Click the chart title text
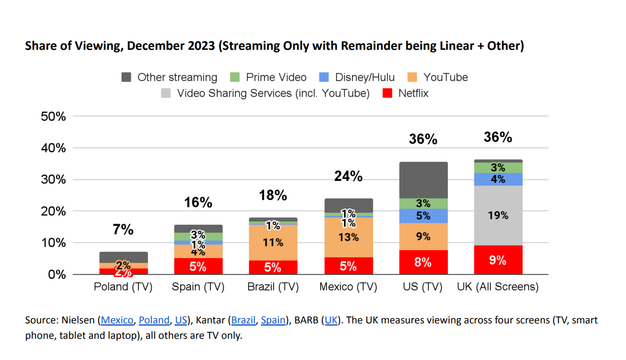click(x=275, y=46)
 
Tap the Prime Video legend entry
click(x=268, y=77)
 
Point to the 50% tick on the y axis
click(x=54, y=117)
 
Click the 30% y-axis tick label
click(x=54, y=180)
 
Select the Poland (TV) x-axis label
click(x=123, y=287)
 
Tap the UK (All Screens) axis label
click(x=498, y=287)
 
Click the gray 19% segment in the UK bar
click(x=498, y=215)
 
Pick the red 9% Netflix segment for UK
click(x=498, y=260)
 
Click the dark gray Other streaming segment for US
click(x=424, y=180)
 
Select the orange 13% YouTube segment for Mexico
click(x=348, y=237)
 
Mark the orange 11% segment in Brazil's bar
click(x=273, y=242)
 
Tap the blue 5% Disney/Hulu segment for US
click(x=424, y=216)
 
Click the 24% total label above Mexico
click(x=348, y=177)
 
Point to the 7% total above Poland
click(x=123, y=230)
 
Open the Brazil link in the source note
click(x=244, y=320)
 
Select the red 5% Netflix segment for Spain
click(x=198, y=266)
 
